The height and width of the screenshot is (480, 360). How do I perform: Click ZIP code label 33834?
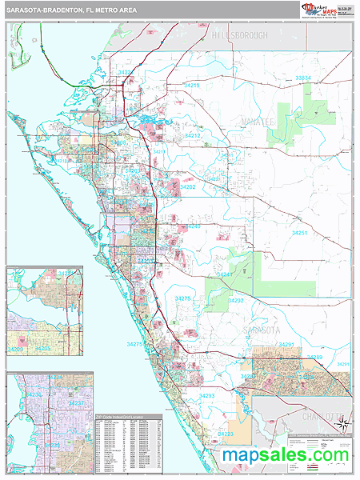[303, 78]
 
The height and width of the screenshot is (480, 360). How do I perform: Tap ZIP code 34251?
[299, 232]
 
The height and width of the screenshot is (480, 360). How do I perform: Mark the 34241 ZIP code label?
[225, 274]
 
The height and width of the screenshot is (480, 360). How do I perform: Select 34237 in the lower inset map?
[77, 404]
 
